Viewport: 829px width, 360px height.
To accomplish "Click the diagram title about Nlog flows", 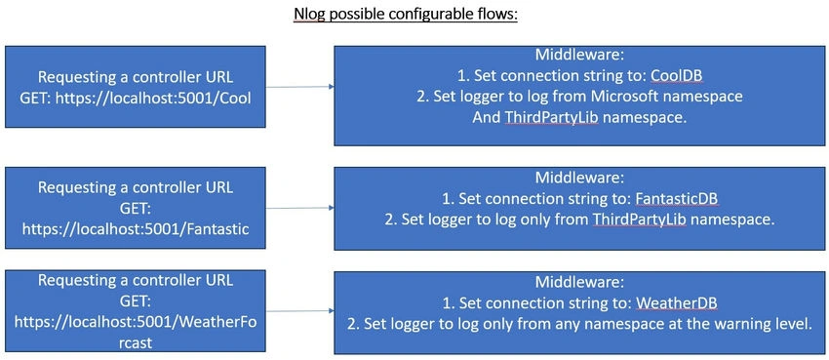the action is click(405, 14).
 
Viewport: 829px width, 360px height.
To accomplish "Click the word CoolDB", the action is click(676, 76).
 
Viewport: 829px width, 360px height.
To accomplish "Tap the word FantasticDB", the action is click(679, 199).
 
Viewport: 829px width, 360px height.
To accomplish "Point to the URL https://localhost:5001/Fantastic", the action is click(136, 229).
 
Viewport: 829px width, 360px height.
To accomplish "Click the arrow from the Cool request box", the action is click(299, 87).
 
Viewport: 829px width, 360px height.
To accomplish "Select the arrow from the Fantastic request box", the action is click(299, 208).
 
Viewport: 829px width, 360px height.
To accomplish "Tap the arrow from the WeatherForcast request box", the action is click(299, 311).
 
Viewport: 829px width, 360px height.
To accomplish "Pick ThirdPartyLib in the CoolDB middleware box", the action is click(551, 118).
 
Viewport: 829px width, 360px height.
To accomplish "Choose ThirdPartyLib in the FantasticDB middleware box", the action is click(640, 220).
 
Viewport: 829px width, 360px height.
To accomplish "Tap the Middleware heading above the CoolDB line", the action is click(580, 55).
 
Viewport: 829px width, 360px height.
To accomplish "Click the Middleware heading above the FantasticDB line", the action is click(580, 178).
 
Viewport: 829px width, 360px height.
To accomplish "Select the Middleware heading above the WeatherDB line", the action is click(580, 282).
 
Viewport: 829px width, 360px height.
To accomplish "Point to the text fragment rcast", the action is click(136, 342).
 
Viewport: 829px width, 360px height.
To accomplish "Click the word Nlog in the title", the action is click(309, 15).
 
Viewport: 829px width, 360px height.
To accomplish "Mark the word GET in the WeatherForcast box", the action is click(136, 300).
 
